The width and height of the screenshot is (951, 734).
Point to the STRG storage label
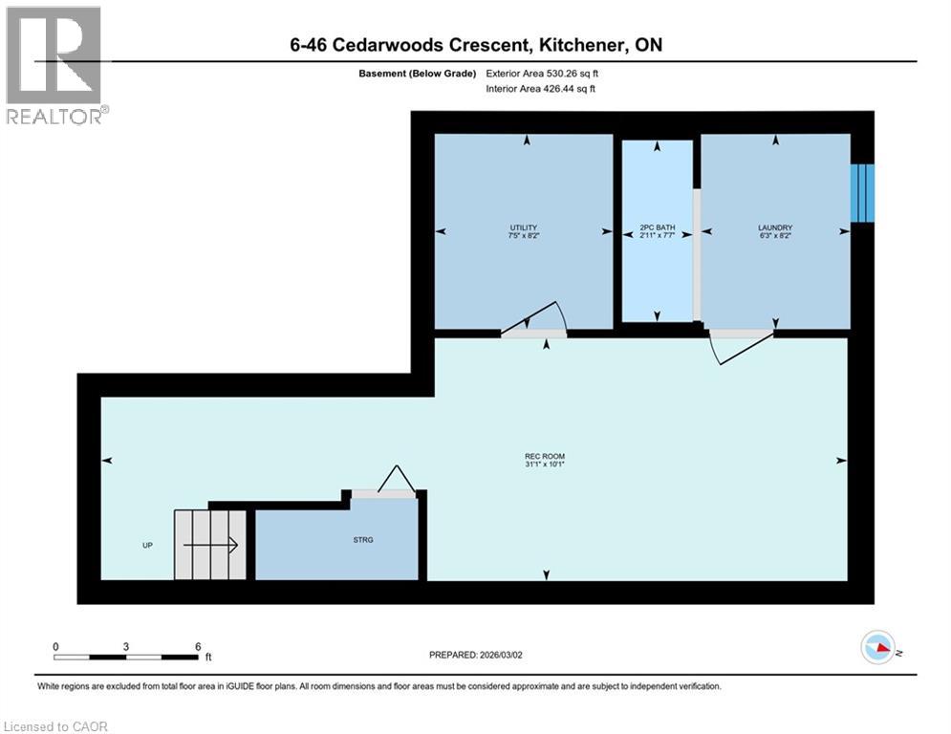[x=361, y=540]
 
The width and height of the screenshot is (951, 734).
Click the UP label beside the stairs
[x=146, y=546]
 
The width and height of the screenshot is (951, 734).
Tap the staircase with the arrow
[x=209, y=545]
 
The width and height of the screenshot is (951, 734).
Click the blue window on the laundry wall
[x=862, y=191]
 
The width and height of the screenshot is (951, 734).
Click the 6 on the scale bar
[x=197, y=646]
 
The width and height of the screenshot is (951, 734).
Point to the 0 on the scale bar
[x=55, y=646]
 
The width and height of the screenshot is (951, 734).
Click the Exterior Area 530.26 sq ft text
[x=542, y=74]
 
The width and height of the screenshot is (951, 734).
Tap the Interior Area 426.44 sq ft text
[x=541, y=89]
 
